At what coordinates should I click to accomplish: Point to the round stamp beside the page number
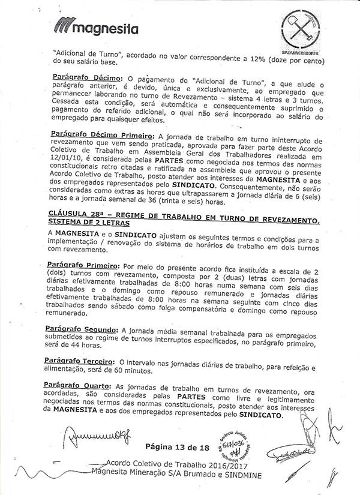[235, 448]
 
